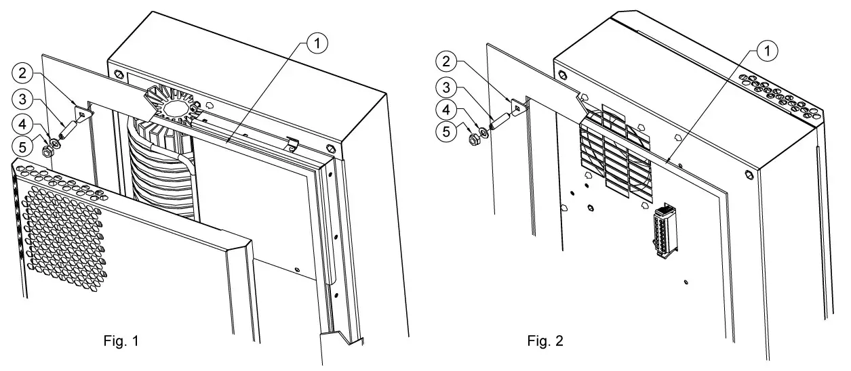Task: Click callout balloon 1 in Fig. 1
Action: (317, 43)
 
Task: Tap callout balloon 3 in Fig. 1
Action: (24, 100)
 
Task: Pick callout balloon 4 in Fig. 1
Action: (24, 124)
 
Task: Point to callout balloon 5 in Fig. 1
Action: (24, 146)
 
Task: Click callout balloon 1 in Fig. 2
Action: (766, 49)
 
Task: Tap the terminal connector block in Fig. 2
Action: (662, 231)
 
